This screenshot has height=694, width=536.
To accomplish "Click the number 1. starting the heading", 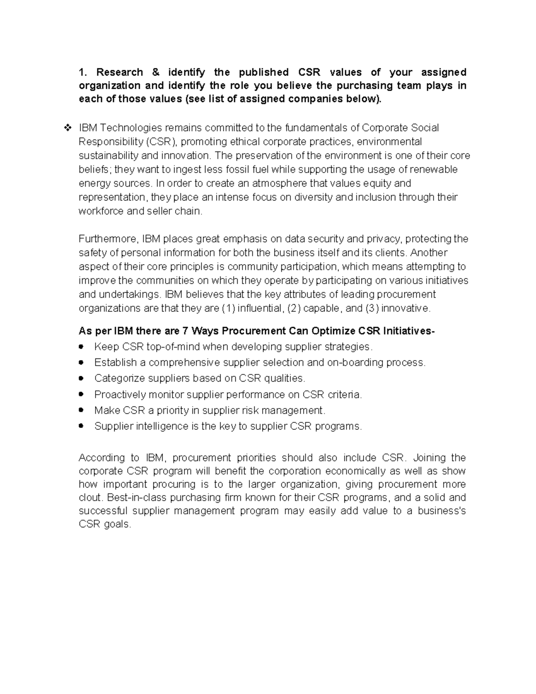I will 82,72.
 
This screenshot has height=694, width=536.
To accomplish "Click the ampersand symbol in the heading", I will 155,72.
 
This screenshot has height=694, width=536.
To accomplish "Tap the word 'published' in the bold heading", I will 264,72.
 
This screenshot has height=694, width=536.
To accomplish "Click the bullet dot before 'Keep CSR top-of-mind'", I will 81,347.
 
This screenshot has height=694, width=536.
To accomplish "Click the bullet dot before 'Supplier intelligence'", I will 81,426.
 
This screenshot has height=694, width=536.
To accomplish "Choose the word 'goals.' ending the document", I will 118,525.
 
